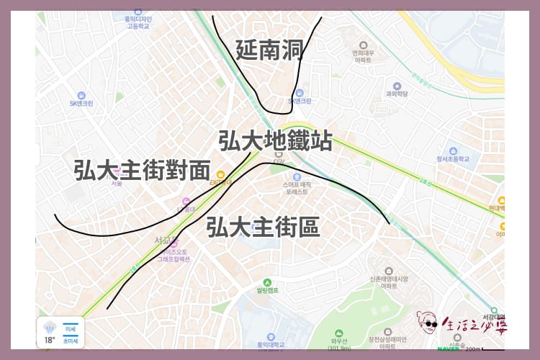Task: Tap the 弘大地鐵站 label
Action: pyautogui.click(x=275, y=140)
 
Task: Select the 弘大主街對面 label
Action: pyautogui.click(x=142, y=170)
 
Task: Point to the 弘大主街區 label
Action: pyautogui.click(x=262, y=227)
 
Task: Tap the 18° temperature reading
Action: pyautogui.click(x=49, y=340)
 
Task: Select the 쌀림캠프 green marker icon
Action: pyautogui.click(x=267, y=282)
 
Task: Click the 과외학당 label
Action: pyautogui.click(x=397, y=93)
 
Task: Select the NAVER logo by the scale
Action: pyautogui.click(x=449, y=348)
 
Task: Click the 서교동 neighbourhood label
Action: pyautogui.click(x=166, y=239)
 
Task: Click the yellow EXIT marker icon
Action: pyautogui.click(x=222, y=174)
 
